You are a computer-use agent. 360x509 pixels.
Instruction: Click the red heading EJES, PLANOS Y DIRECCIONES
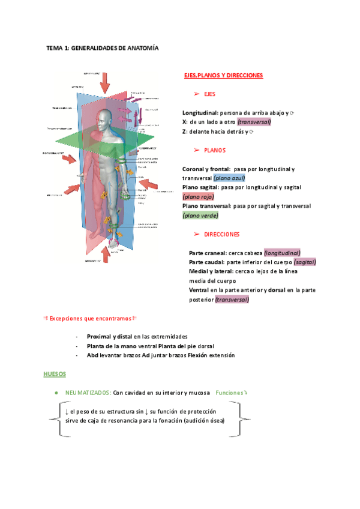click(x=223, y=76)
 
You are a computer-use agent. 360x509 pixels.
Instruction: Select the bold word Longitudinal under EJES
click(x=200, y=113)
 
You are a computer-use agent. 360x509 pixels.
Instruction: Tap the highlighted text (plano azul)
click(x=229, y=178)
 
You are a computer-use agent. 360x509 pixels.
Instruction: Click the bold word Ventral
click(x=199, y=291)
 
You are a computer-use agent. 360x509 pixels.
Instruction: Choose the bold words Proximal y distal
click(x=109, y=337)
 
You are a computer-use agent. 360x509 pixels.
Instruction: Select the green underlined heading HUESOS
click(x=55, y=373)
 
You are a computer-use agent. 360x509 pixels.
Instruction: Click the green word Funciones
click(x=230, y=392)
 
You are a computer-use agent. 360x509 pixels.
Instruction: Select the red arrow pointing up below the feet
click(x=106, y=254)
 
